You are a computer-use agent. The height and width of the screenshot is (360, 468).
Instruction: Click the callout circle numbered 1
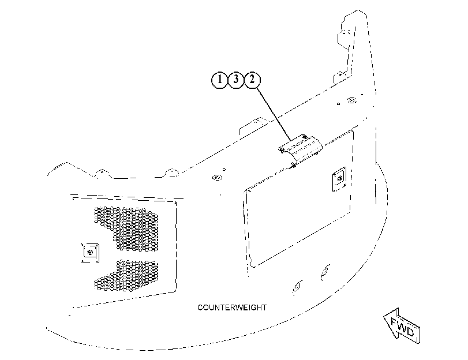click(220, 80)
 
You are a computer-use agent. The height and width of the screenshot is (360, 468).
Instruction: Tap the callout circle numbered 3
click(236, 80)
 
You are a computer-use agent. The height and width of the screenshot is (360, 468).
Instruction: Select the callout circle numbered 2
click(252, 80)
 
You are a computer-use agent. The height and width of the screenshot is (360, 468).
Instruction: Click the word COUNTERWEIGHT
click(232, 307)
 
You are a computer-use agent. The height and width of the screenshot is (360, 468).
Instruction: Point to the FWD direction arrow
click(402, 326)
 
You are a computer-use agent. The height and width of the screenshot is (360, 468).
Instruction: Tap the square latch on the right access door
click(339, 179)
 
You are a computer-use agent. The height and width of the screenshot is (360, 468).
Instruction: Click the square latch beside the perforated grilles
click(90, 253)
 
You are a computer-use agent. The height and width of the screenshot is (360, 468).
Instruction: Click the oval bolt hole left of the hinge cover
click(218, 178)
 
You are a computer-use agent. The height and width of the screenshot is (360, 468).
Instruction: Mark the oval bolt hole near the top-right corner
click(352, 100)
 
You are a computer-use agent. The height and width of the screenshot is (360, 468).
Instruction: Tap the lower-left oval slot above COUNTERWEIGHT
click(297, 287)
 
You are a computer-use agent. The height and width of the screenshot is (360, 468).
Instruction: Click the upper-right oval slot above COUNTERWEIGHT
click(325, 271)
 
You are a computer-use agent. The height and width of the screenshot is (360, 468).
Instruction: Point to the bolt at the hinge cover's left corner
click(282, 149)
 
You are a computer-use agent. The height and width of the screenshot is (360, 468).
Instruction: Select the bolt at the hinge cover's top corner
click(304, 137)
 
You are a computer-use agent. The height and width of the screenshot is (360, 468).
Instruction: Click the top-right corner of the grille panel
click(176, 202)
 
